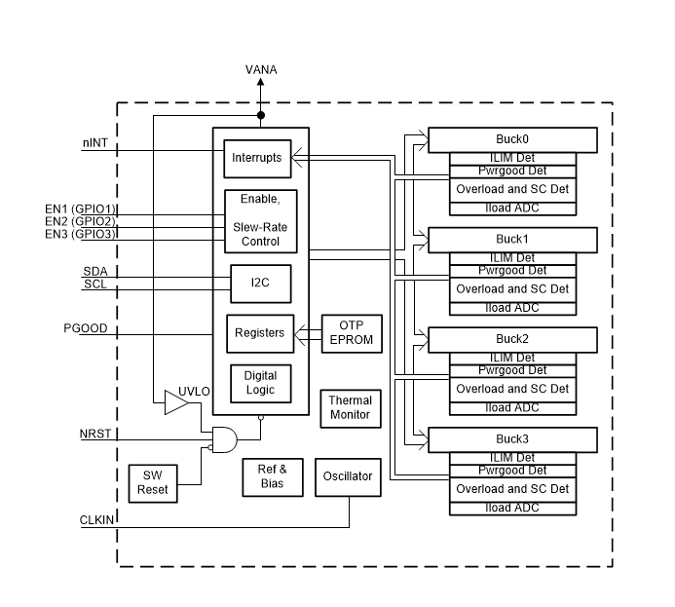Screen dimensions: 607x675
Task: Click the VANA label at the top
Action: (260, 70)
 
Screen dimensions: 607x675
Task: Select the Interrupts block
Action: (257, 157)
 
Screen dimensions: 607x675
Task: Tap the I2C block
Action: (260, 283)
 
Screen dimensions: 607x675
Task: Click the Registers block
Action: (260, 333)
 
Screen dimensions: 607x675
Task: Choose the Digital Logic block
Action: (260, 383)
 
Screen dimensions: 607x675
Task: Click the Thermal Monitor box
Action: (350, 407)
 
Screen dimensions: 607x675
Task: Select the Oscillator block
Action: (348, 476)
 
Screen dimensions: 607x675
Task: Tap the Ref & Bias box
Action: (272, 476)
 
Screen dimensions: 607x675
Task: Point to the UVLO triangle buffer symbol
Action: (176, 401)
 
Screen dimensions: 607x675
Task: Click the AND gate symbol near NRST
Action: (223, 439)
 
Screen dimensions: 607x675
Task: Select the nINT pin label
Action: (94, 143)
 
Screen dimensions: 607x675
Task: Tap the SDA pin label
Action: (94, 270)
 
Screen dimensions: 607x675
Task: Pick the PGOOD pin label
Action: (86, 328)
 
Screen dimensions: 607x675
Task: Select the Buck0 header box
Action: (512, 138)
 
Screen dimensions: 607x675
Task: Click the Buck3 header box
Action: (512, 438)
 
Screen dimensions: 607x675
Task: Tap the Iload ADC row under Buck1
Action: (512, 308)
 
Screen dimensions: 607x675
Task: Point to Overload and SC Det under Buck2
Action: (512, 389)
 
